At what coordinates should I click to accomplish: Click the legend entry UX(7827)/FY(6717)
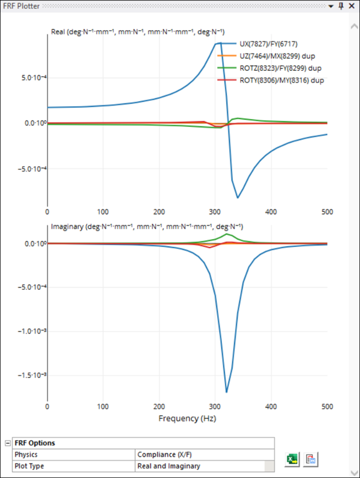point(268,44)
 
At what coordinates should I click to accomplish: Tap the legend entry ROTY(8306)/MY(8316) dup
point(281,80)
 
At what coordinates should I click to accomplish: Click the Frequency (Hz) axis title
point(187,418)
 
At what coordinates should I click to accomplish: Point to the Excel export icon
point(293,459)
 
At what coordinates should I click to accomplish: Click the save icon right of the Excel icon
point(310,459)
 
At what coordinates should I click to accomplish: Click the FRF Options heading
point(34,443)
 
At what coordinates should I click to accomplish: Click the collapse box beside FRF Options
point(8,443)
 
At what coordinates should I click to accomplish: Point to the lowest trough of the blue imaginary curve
point(227,392)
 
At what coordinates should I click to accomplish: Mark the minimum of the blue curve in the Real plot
point(238,197)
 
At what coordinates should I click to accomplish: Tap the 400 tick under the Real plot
point(271,212)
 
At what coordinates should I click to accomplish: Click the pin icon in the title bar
point(340,6)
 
